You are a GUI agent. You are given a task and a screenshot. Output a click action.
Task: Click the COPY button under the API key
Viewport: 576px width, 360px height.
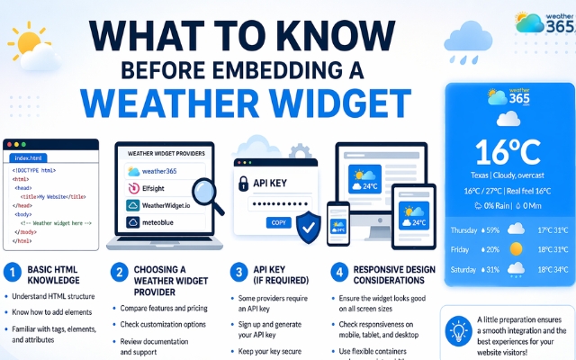coord(279,222)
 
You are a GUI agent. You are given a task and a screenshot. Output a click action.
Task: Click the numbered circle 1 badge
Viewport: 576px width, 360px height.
coord(12,271)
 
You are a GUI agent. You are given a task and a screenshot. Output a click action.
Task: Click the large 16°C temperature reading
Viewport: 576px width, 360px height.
coord(506,148)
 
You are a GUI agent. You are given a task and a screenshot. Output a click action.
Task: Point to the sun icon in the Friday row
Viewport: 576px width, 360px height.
coord(517,249)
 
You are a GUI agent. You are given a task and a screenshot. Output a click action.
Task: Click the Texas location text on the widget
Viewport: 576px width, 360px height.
coord(481,175)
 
